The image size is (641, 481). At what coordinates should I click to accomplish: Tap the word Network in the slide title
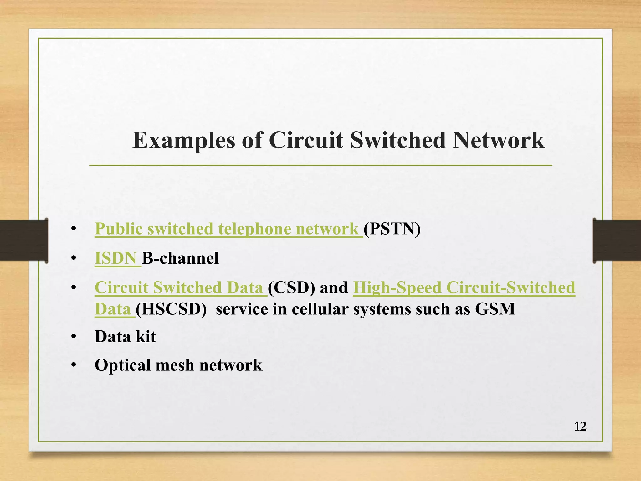499,141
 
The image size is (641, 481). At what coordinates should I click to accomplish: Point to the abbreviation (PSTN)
392,229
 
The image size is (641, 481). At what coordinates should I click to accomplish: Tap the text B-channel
180,258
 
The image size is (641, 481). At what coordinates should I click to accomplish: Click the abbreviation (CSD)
291,287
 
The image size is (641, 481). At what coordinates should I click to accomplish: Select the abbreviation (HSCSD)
171,309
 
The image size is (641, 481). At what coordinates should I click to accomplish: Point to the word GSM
495,309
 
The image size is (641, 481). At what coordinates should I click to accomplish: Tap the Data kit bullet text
125,337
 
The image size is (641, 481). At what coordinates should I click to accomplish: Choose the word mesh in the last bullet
175,365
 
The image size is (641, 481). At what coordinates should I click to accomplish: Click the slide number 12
580,427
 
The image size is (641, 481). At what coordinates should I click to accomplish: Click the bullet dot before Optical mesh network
74,365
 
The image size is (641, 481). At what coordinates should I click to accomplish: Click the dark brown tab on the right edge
617,240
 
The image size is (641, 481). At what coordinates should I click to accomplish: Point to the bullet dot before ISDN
74,259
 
